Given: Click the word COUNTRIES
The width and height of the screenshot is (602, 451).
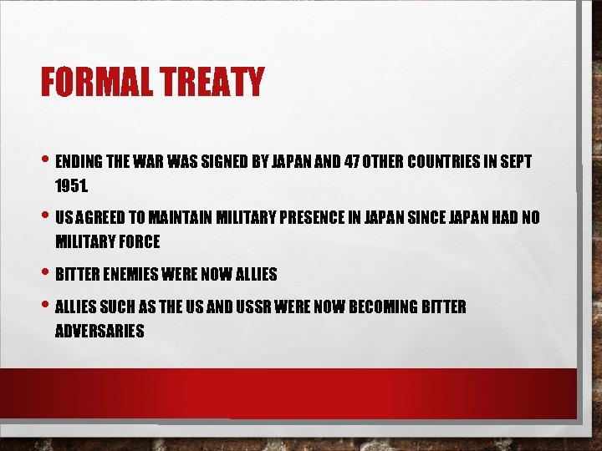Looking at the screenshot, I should tap(447, 161).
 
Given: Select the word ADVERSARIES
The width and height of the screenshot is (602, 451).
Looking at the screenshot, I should tap(99, 331).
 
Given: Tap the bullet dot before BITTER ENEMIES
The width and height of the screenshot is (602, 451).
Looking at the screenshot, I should tap(45, 273).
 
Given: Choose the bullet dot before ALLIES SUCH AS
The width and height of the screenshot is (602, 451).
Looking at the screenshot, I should tap(45, 307).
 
